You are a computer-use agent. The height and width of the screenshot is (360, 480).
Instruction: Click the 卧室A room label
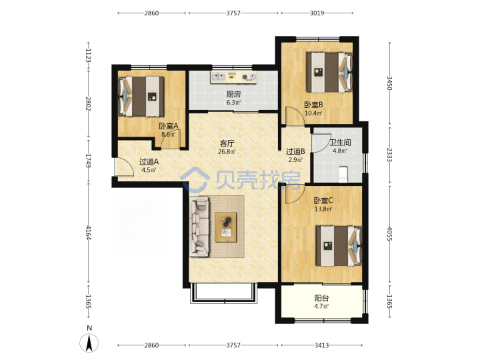coord(169,126)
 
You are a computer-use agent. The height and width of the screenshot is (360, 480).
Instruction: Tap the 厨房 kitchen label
coord(233,94)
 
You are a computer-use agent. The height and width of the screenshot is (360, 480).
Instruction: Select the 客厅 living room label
coord(227,143)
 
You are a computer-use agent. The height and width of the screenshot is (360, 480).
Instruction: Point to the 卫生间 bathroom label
coord(340,143)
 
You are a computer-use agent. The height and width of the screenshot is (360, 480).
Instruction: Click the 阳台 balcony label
coord(321,298)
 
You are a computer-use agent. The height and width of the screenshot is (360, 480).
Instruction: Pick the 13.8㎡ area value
coord(323,209)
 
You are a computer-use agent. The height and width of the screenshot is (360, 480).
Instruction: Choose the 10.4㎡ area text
coord(313,113)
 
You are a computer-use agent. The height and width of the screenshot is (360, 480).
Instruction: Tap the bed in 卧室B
coord(329,72)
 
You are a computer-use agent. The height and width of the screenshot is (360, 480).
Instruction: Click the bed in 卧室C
coord(339,246)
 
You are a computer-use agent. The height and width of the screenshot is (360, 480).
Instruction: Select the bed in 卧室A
coord(141,96)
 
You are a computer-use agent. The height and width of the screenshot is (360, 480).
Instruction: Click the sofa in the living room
coord(199,227)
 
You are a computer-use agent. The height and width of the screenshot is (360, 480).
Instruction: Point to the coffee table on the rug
coord(226,227)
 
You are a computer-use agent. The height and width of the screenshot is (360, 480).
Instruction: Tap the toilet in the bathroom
coord(343,174)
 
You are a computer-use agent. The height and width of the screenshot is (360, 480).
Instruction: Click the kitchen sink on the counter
coord(218,77)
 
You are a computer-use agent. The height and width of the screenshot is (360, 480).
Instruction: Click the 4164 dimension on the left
coord(88,233)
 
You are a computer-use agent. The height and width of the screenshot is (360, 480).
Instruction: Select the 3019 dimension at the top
coord(317,13)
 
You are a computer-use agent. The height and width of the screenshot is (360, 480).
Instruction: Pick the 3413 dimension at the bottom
coord(322,345)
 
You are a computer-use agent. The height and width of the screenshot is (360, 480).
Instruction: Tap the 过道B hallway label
coord(295,151)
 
